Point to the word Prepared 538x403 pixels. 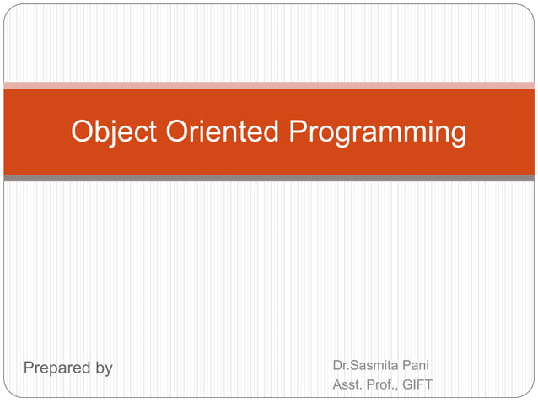point(56,368)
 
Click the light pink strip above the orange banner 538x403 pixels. point(269,85)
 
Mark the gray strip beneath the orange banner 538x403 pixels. point(269,179)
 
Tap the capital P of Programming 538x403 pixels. point(297,132)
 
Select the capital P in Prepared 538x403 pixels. point(29,368)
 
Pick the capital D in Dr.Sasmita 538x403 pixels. point(338,367)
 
